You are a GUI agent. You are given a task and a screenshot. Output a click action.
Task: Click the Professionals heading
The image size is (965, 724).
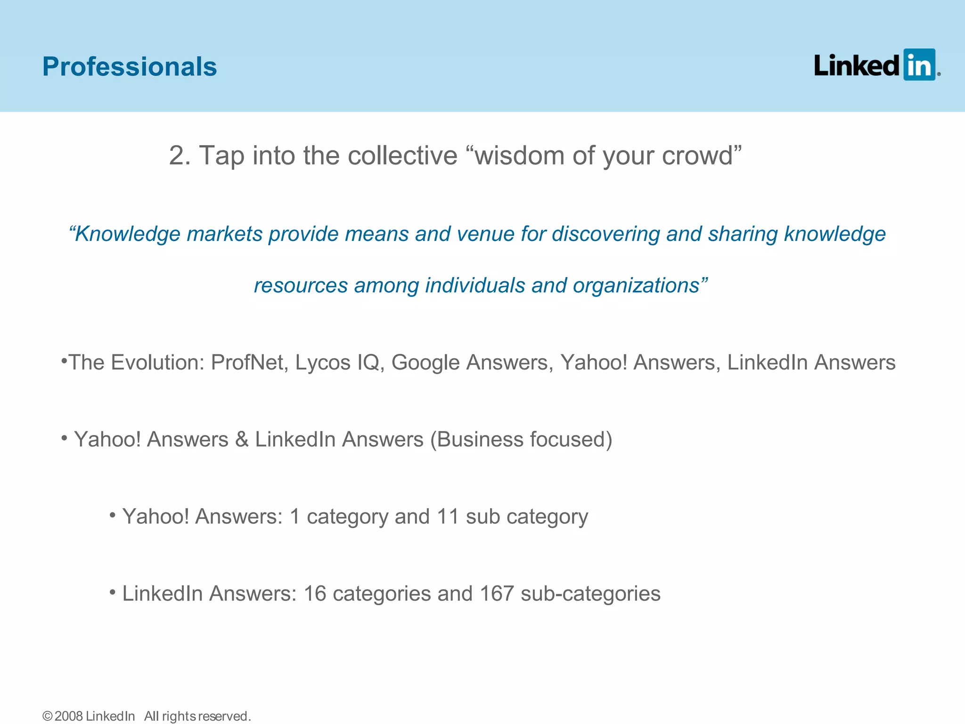[x=130, y=66]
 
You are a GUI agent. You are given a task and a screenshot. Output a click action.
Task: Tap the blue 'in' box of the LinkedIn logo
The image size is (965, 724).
[x=919, y=65]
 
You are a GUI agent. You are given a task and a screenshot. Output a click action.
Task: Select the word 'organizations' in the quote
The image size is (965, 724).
[x=636, y=286]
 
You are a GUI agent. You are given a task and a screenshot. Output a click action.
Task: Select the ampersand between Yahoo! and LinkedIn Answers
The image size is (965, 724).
[x=242, y=439]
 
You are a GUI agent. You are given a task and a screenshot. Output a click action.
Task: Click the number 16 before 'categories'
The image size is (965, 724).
[x=315, y=593]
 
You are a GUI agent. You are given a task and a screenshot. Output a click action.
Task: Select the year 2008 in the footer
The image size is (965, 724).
[x=69, y=716]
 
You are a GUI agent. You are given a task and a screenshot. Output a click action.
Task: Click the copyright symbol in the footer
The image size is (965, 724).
[x=48, y=716]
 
